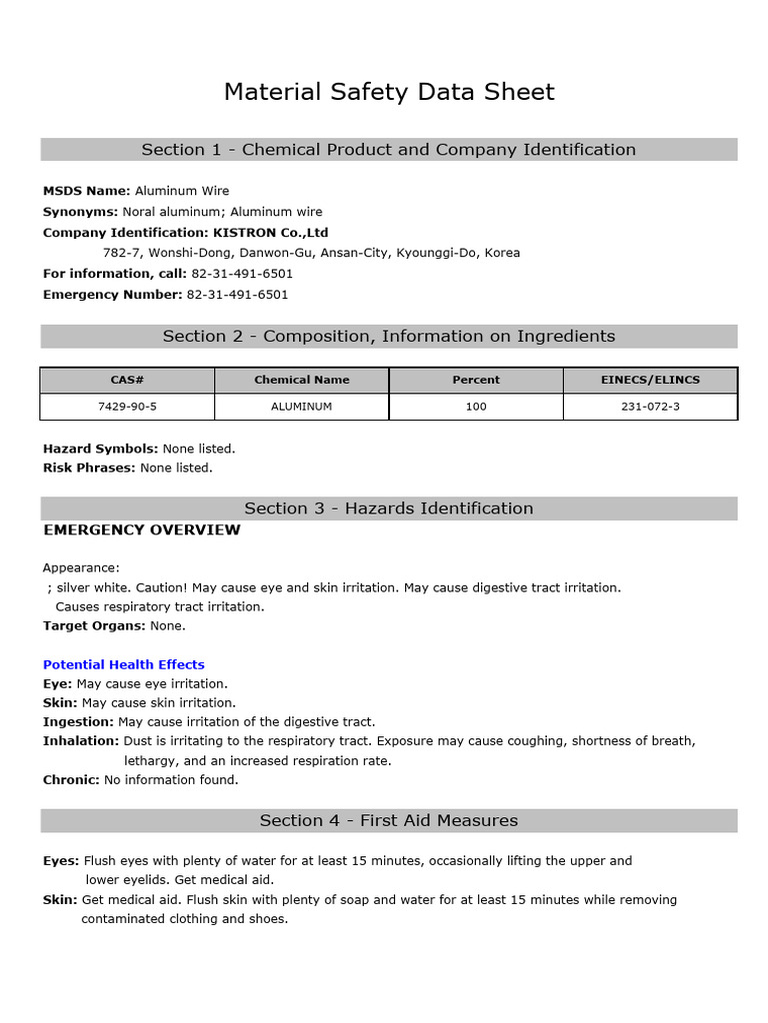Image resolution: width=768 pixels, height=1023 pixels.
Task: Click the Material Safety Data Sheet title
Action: click(389, 93)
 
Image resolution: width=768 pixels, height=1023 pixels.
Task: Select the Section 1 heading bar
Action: click(389, 150)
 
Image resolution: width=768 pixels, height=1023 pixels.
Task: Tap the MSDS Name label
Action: click(86, 191)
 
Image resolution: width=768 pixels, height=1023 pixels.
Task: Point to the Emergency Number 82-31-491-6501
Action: click(237, 295)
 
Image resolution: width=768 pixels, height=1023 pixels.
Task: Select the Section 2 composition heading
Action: click(389, 337)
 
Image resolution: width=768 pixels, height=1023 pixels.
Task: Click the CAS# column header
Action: click(127, 381)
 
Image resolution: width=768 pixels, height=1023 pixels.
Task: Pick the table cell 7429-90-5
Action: click(127, 408)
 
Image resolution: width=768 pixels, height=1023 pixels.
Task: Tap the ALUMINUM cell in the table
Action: click(301, 408)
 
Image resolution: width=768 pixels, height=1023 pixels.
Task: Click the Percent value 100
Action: click(476, 408)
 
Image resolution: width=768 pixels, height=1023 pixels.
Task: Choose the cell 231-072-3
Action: click(650, 408)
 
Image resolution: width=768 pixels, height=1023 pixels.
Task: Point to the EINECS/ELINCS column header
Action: click(650, 381)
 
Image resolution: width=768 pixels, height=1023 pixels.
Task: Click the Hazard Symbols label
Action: click(100, 450)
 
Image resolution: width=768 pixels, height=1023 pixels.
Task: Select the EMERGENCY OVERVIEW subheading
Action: click(142, 530)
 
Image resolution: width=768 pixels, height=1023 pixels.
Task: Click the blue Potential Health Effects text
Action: click(123, 665)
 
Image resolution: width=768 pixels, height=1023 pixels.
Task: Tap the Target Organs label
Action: click(94, 626)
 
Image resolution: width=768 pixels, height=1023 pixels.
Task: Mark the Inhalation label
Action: click(80, 741)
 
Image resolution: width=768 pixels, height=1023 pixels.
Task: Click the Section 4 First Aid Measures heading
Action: click(389, 821)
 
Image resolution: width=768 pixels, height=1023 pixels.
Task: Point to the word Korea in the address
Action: click(502, 254)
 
